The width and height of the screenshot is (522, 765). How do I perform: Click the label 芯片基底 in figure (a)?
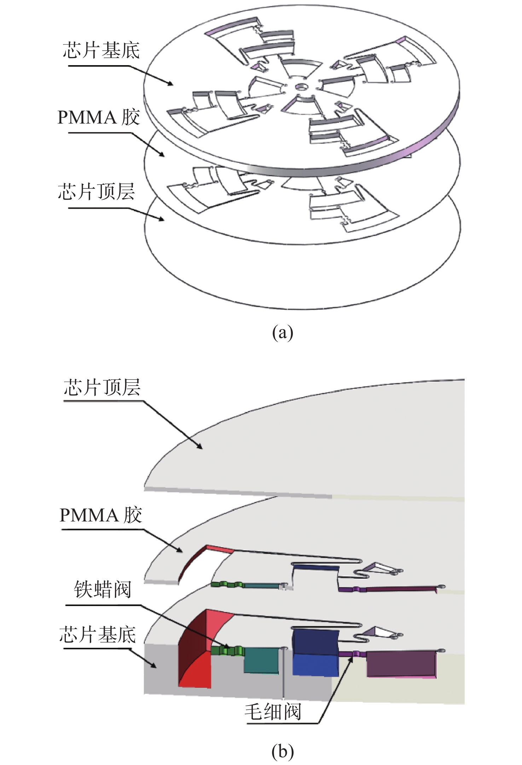click(101, 50)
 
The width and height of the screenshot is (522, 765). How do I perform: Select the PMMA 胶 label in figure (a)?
click(99, 118)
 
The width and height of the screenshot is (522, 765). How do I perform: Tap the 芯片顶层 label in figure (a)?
click(96, 192)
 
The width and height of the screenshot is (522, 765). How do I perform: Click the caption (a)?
click(282, 333)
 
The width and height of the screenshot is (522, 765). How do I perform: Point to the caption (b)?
click(282, 751)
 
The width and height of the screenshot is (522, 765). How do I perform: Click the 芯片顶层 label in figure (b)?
click(102, 387)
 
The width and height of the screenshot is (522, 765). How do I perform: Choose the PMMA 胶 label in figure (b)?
click(101, 515)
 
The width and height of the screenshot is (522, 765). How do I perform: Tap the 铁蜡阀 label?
click(103, 590)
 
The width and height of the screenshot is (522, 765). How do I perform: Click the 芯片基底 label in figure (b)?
click(98, 634)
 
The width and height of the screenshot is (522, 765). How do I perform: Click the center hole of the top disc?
click(301, 86)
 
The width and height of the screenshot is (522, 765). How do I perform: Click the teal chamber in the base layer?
click(261, 660)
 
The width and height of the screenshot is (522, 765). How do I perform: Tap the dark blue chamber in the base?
click(315, 651)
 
